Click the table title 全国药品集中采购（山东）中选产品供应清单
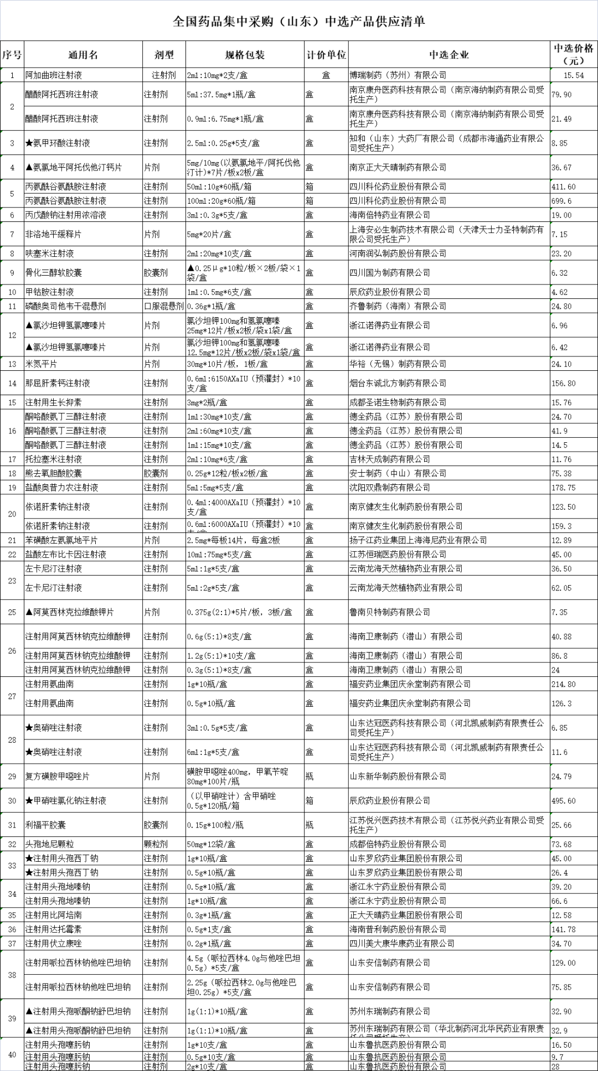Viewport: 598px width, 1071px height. coord(299,22)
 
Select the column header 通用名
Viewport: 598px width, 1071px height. coord(83,55)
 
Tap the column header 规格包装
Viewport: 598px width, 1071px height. coord(245,55)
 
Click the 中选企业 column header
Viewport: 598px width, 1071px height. coord(449,55)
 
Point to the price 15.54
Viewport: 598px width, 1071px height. coord(574,75)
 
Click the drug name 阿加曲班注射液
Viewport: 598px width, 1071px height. coord(54,75)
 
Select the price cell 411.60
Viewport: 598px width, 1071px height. coord(564,187)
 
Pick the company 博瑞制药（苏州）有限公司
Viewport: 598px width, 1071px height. coord(398,75)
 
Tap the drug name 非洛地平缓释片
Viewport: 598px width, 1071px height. coord(54,234)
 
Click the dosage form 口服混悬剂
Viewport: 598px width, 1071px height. coord(164,306)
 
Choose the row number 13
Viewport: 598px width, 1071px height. coord(12,364)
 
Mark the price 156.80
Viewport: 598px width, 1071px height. coord(564,383)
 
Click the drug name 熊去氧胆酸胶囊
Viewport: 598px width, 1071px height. coord(54,473)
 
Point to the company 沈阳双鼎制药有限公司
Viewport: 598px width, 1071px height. coord(390,488)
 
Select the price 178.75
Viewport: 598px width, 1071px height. coord(564,488)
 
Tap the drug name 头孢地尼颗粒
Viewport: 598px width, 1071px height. coord(50,844)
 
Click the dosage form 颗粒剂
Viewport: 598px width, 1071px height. coord(156,844)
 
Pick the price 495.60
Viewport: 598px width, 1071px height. coord(564,801)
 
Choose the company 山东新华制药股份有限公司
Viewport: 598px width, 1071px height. coord(398,777)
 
